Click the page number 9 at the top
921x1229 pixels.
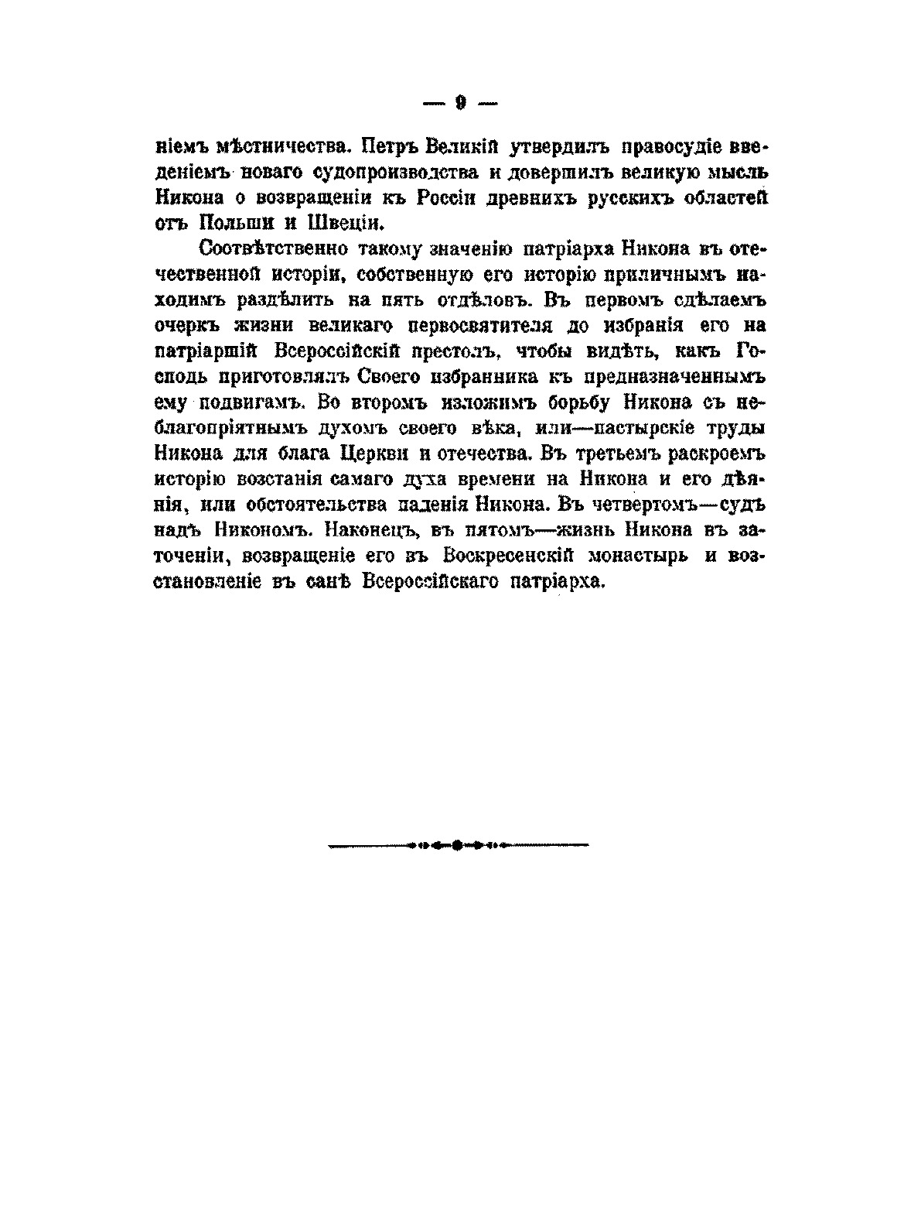459,103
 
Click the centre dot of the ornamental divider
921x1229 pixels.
458,845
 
